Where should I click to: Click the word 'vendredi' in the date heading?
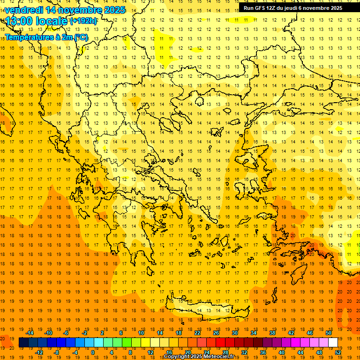(25, 10)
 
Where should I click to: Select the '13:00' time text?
(18, 21)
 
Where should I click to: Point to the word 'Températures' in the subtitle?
(28, 37)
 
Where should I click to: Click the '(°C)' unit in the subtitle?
(80, 37)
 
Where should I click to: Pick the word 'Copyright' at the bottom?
(177, 357)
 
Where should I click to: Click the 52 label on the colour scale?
(337, 352)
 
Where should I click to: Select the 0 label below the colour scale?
(92, 352)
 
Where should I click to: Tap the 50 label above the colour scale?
(328, 333)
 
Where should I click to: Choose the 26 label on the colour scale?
(216, 333)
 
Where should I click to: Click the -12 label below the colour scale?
(39, 352)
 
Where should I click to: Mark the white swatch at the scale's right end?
(333, 343)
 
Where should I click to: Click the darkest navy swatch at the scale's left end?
(23, 343)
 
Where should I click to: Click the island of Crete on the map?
(206, 309)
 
